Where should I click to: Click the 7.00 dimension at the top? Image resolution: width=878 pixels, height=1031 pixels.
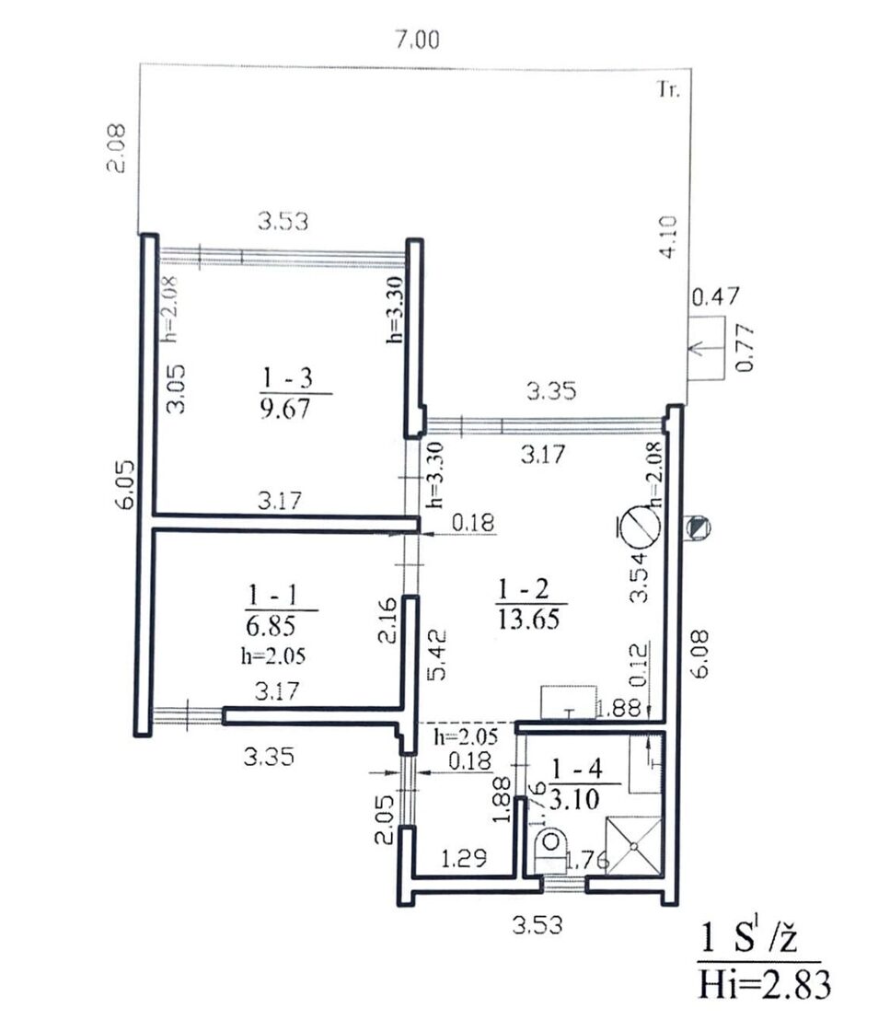tap(417, 41)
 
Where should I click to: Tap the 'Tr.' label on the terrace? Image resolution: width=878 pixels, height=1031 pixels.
tap(669, 89)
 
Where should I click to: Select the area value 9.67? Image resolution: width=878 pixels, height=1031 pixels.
tap(285, 409)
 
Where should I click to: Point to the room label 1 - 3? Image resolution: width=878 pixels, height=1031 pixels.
tap(287, 378)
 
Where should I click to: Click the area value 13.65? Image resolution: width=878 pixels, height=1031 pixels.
tap(529, 619)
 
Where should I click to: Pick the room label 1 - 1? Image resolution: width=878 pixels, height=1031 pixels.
tap(272, 596)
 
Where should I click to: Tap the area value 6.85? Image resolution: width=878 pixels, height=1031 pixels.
tap(271, 626)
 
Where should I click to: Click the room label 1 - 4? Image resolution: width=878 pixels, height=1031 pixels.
tap(576, 769)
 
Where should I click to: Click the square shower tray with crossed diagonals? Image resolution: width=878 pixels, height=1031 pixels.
tap(633, 846)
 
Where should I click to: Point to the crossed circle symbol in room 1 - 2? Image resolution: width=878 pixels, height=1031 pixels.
tap(641, 528)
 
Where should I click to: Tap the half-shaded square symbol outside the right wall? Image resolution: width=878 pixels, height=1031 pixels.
tap(698, 527)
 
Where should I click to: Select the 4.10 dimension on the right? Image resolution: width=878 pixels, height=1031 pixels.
tap(667, 237)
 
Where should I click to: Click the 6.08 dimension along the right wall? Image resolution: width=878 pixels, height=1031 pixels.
tap(700, 654)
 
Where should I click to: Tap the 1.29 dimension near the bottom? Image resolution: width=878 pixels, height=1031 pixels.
tap(464, 858)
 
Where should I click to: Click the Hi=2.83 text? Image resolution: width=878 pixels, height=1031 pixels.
tap(764, 985)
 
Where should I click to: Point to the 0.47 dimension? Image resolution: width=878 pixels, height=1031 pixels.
tap(716, 297)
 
